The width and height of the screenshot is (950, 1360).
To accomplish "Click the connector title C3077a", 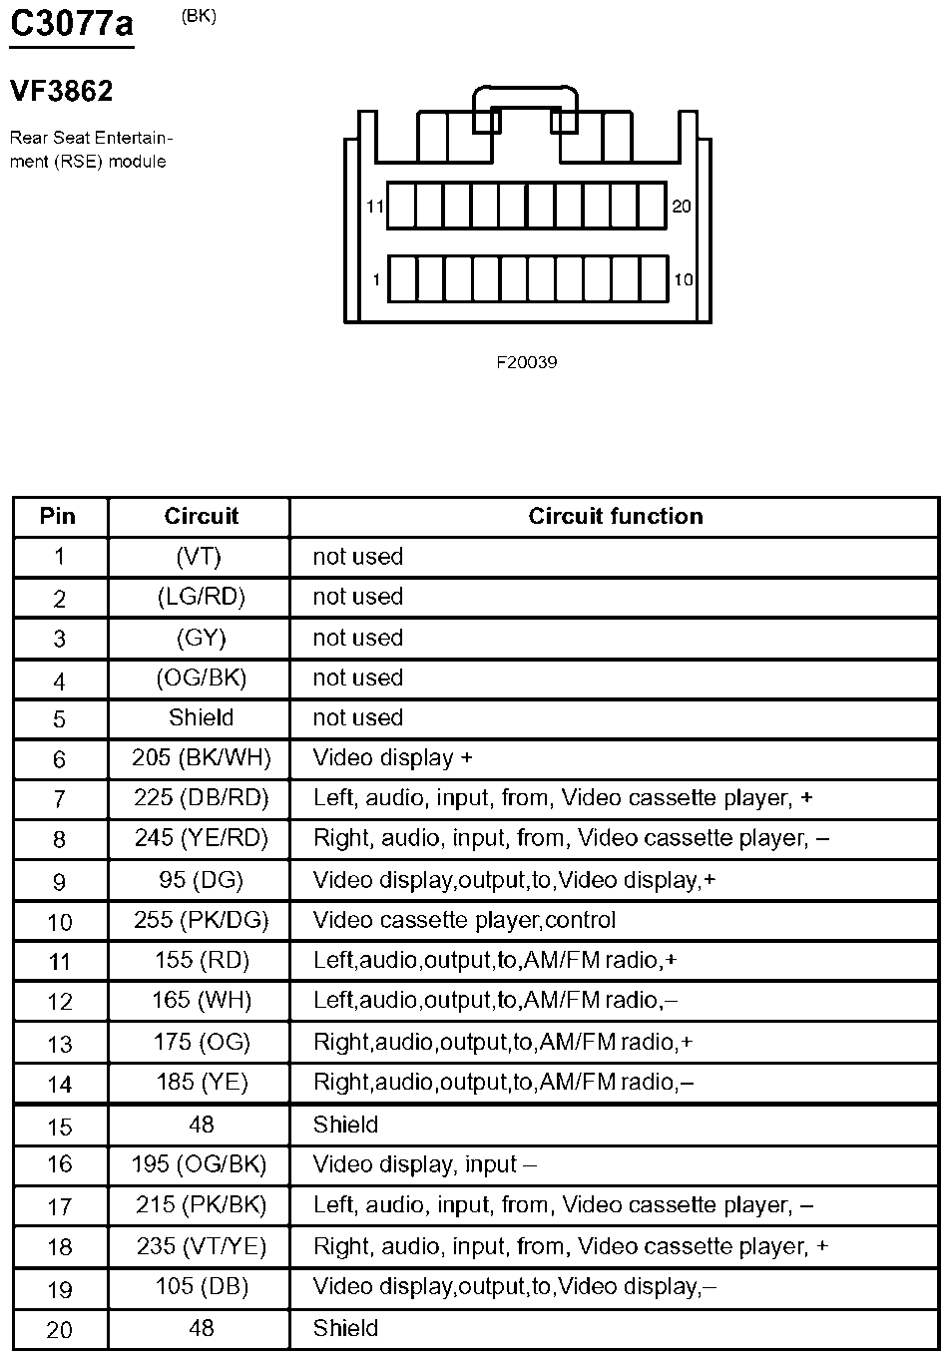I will [x=71, y=24].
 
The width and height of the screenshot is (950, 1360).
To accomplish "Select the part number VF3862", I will [x=62, y=92].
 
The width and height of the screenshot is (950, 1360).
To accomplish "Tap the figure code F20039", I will [x=527, y=362].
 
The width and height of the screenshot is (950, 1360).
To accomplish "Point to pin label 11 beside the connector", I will [x=375, y=208].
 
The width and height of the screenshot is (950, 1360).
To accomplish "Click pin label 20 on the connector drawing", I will [x=682, y=207].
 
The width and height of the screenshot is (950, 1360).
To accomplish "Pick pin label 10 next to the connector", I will [x=683, y=280].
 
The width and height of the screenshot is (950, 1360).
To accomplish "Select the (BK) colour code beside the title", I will [x=199, y=16].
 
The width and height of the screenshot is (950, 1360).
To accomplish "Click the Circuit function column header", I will [x=615, y=516].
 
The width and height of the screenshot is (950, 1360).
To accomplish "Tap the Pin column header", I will [x=58, y=516].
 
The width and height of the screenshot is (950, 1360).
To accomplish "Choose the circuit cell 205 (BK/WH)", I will [x=202, y=758].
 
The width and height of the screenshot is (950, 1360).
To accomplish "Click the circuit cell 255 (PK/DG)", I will [x=202, y=920].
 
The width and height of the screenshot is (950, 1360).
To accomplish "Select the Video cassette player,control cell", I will [x=464, y=920].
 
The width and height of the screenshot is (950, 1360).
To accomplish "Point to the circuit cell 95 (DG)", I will [x=202, y=880].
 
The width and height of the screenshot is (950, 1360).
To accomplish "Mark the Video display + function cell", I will [x=392, y=758].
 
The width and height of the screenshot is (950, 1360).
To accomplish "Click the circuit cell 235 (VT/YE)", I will [x=202, y=1246].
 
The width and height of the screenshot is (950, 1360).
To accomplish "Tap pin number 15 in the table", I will [x=60, y=1127].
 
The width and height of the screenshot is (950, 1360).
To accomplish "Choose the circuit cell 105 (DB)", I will [x=202, y=1287].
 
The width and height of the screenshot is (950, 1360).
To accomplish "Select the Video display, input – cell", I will [x=424, y=1164].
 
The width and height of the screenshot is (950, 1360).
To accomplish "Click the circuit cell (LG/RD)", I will [x=202, y=597].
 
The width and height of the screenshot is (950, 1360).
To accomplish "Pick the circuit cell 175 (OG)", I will [x=202, y=1043].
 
